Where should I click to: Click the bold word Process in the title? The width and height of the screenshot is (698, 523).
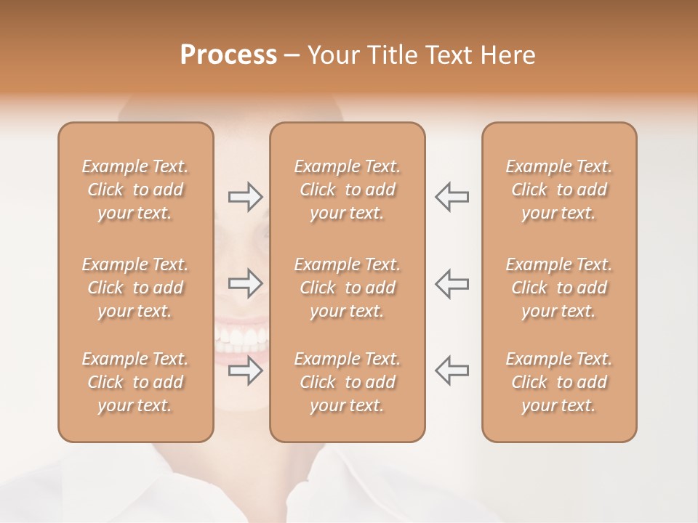[x=228, y=55]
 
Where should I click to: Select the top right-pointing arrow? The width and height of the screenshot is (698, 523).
[x=245, y=196]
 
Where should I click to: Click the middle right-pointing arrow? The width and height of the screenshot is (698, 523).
[x=245, y=283]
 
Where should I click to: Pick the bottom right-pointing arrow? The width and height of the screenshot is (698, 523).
[x=245, y=370]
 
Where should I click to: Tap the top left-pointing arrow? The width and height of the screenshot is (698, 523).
[x=452, y=196]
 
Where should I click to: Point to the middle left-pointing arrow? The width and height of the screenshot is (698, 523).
[x=452, y=283]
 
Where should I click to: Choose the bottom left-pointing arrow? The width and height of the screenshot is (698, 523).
[x=452, y=370]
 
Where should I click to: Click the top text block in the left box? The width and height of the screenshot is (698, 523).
[x=135, y=190]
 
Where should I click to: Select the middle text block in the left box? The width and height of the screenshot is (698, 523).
[x=135, y=288]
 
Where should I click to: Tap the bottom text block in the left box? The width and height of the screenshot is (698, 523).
[x=135, y=382]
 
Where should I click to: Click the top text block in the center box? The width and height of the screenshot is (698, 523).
[x=348, y=190]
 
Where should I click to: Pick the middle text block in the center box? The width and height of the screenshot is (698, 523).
[x=348, y=288]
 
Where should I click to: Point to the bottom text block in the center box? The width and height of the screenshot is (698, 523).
[x=348, y=382]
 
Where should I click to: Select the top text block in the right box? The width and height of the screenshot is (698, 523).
[x=559, y=190]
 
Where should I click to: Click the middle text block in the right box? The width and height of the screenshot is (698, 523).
[x=559, y=288]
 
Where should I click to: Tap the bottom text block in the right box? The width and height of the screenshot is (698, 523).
[x=559, y=382]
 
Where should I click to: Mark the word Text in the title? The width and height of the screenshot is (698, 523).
[x=451, y=55]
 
